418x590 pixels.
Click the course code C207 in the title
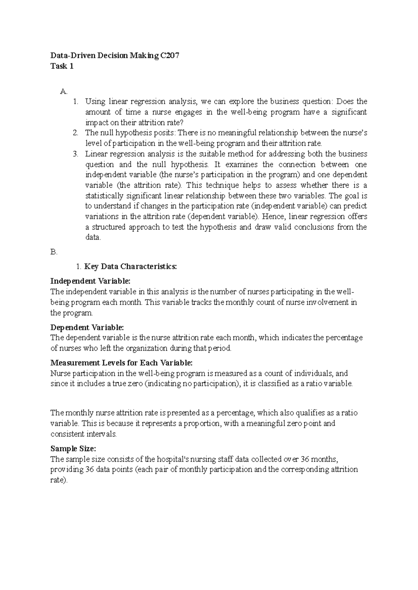tap(170, 56)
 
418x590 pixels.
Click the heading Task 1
tap(62, 66)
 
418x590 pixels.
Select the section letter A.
tap(63, 91)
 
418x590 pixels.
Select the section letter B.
tap(54, 252)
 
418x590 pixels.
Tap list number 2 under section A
tap(76, 133)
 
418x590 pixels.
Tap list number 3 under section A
tap(76, 154)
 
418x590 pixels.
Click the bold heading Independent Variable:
tap(90, 281)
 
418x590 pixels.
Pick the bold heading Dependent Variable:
tap(87, 327)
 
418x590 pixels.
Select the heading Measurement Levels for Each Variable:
tap(121, 363)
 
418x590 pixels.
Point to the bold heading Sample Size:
tap(73, 448)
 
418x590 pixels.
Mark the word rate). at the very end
tap(59, 480)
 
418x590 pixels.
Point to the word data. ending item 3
tap(93, 238)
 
